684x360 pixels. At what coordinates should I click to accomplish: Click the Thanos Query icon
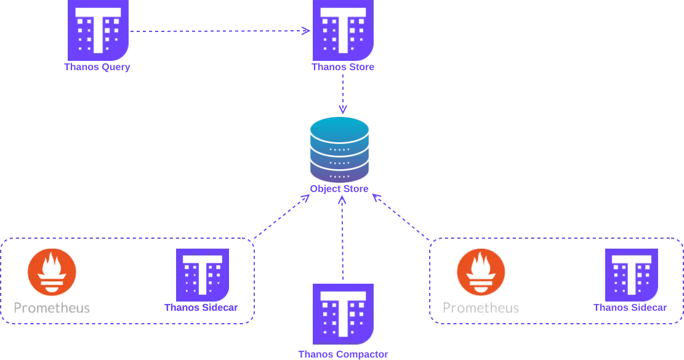[97, 28]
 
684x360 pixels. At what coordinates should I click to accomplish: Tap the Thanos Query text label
[97, 67]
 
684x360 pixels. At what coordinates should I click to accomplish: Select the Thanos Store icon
[343, 28]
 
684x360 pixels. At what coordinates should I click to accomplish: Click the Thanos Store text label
[343, 67]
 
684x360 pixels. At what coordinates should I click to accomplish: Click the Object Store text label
[340, 189]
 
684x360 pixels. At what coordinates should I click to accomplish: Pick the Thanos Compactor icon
[343, 314]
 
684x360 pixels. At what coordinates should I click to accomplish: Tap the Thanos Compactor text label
[343, 354]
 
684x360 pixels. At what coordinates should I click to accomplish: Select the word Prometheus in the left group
[52, 307]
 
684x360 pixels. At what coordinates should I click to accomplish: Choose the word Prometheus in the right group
[481, 307]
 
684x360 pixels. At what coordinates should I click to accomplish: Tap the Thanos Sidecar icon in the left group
[203, 274]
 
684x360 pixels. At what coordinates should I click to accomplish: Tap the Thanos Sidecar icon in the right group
[632, 274]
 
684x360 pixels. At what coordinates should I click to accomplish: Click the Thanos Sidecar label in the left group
[201, 307]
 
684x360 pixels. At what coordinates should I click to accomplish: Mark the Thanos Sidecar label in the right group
[630, 307]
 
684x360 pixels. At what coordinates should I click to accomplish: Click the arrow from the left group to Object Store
[280, 217]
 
